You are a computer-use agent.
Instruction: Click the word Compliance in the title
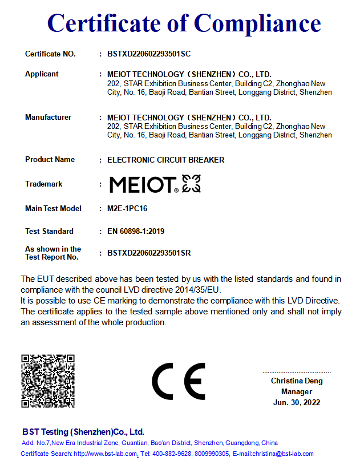tap(257, 23)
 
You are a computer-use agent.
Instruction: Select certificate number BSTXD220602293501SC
tap(148, 54)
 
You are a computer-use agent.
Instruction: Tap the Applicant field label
tap(42, 74)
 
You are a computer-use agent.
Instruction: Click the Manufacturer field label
tap(48, 118)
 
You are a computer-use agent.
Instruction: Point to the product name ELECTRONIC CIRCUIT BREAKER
tap(165, 160)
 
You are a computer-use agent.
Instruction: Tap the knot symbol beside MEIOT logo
tap(191, 184)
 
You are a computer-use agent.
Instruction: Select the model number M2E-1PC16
tap(127, 209)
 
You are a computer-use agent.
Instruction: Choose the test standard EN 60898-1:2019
tap(136, 232)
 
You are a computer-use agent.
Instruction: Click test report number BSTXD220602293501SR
tap(149, 253)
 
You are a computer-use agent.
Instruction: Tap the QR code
tap(48, 381)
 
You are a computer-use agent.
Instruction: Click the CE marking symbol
tap(179, 381)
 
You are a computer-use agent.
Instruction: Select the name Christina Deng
tap(297, 381)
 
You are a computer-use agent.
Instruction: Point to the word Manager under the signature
tap(297, 392)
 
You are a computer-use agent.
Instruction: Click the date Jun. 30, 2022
tap(297, 403)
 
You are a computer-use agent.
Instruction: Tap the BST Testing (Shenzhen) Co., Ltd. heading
tap(83, 432)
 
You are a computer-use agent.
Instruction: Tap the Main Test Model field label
tap(53, 209)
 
